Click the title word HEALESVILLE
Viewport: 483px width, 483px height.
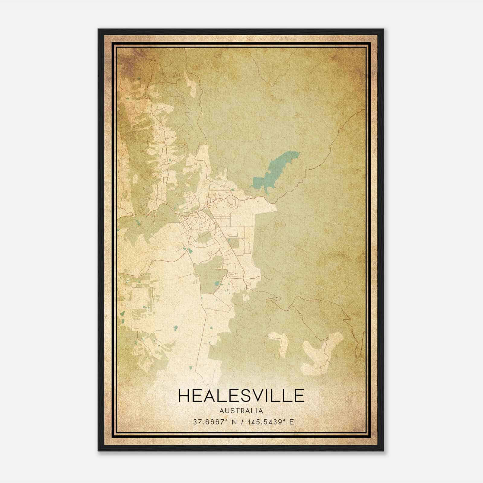pos(241,396)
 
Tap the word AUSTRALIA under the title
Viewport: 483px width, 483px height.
pos(241,411)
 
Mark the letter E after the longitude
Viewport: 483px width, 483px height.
pos(291,422)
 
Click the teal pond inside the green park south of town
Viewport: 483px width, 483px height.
pos(216,284)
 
